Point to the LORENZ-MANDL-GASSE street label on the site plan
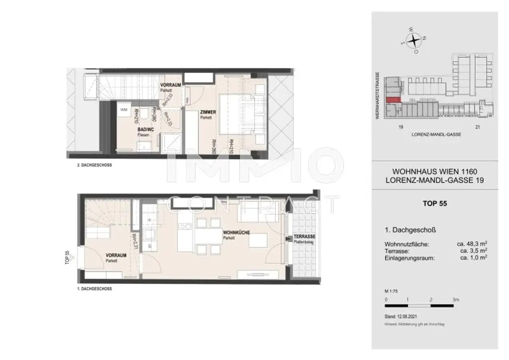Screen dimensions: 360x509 pos(434,135)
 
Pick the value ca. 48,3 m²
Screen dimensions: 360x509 pos(471,244)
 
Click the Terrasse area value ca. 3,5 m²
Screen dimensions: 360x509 pos(473,251)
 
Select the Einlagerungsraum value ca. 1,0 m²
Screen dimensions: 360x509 pos(473,258)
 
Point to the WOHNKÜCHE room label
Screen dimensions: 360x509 pos(233,233)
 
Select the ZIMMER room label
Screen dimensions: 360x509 pos(208,112)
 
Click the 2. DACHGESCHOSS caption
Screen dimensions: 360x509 pos(91,165)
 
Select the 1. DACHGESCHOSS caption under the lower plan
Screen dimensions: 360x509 pos(94,289)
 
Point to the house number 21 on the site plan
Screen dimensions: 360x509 pos(478,127)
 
